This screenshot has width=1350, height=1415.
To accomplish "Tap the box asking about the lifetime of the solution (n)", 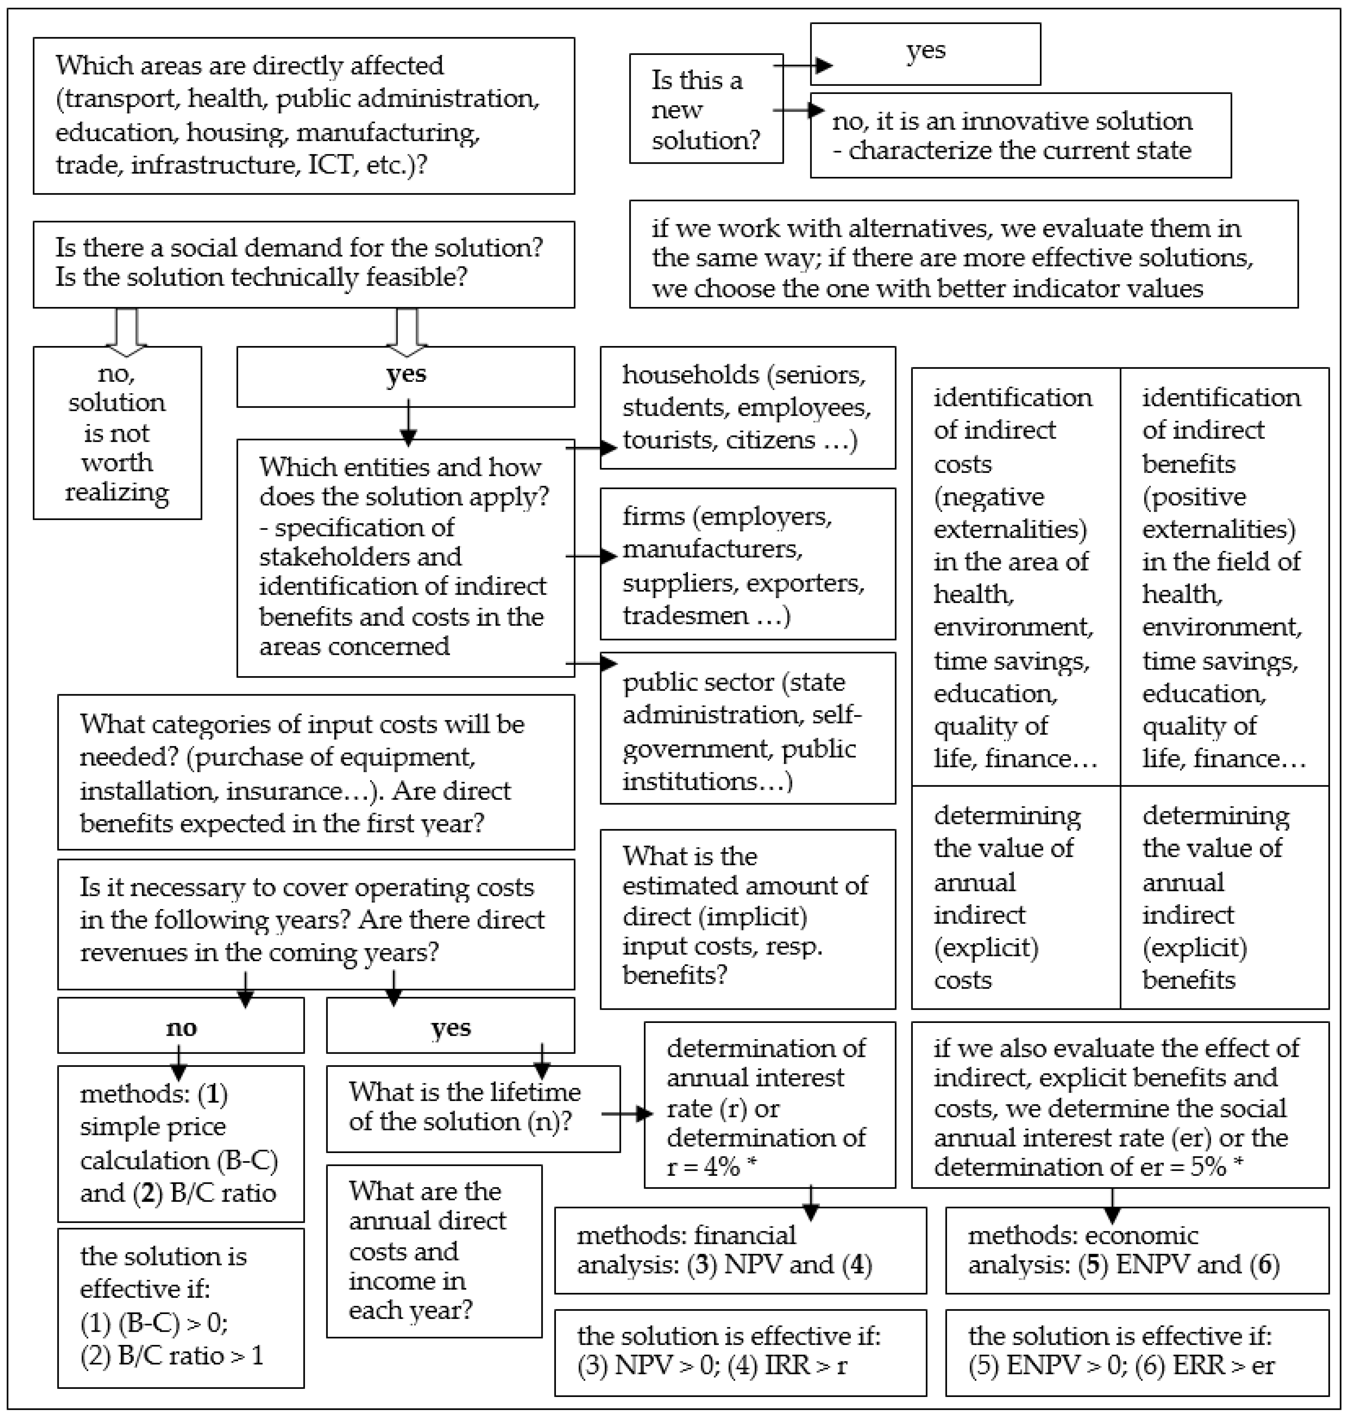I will click(473, 1108).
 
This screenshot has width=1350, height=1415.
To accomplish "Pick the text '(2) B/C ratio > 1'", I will click(171, 1355).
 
